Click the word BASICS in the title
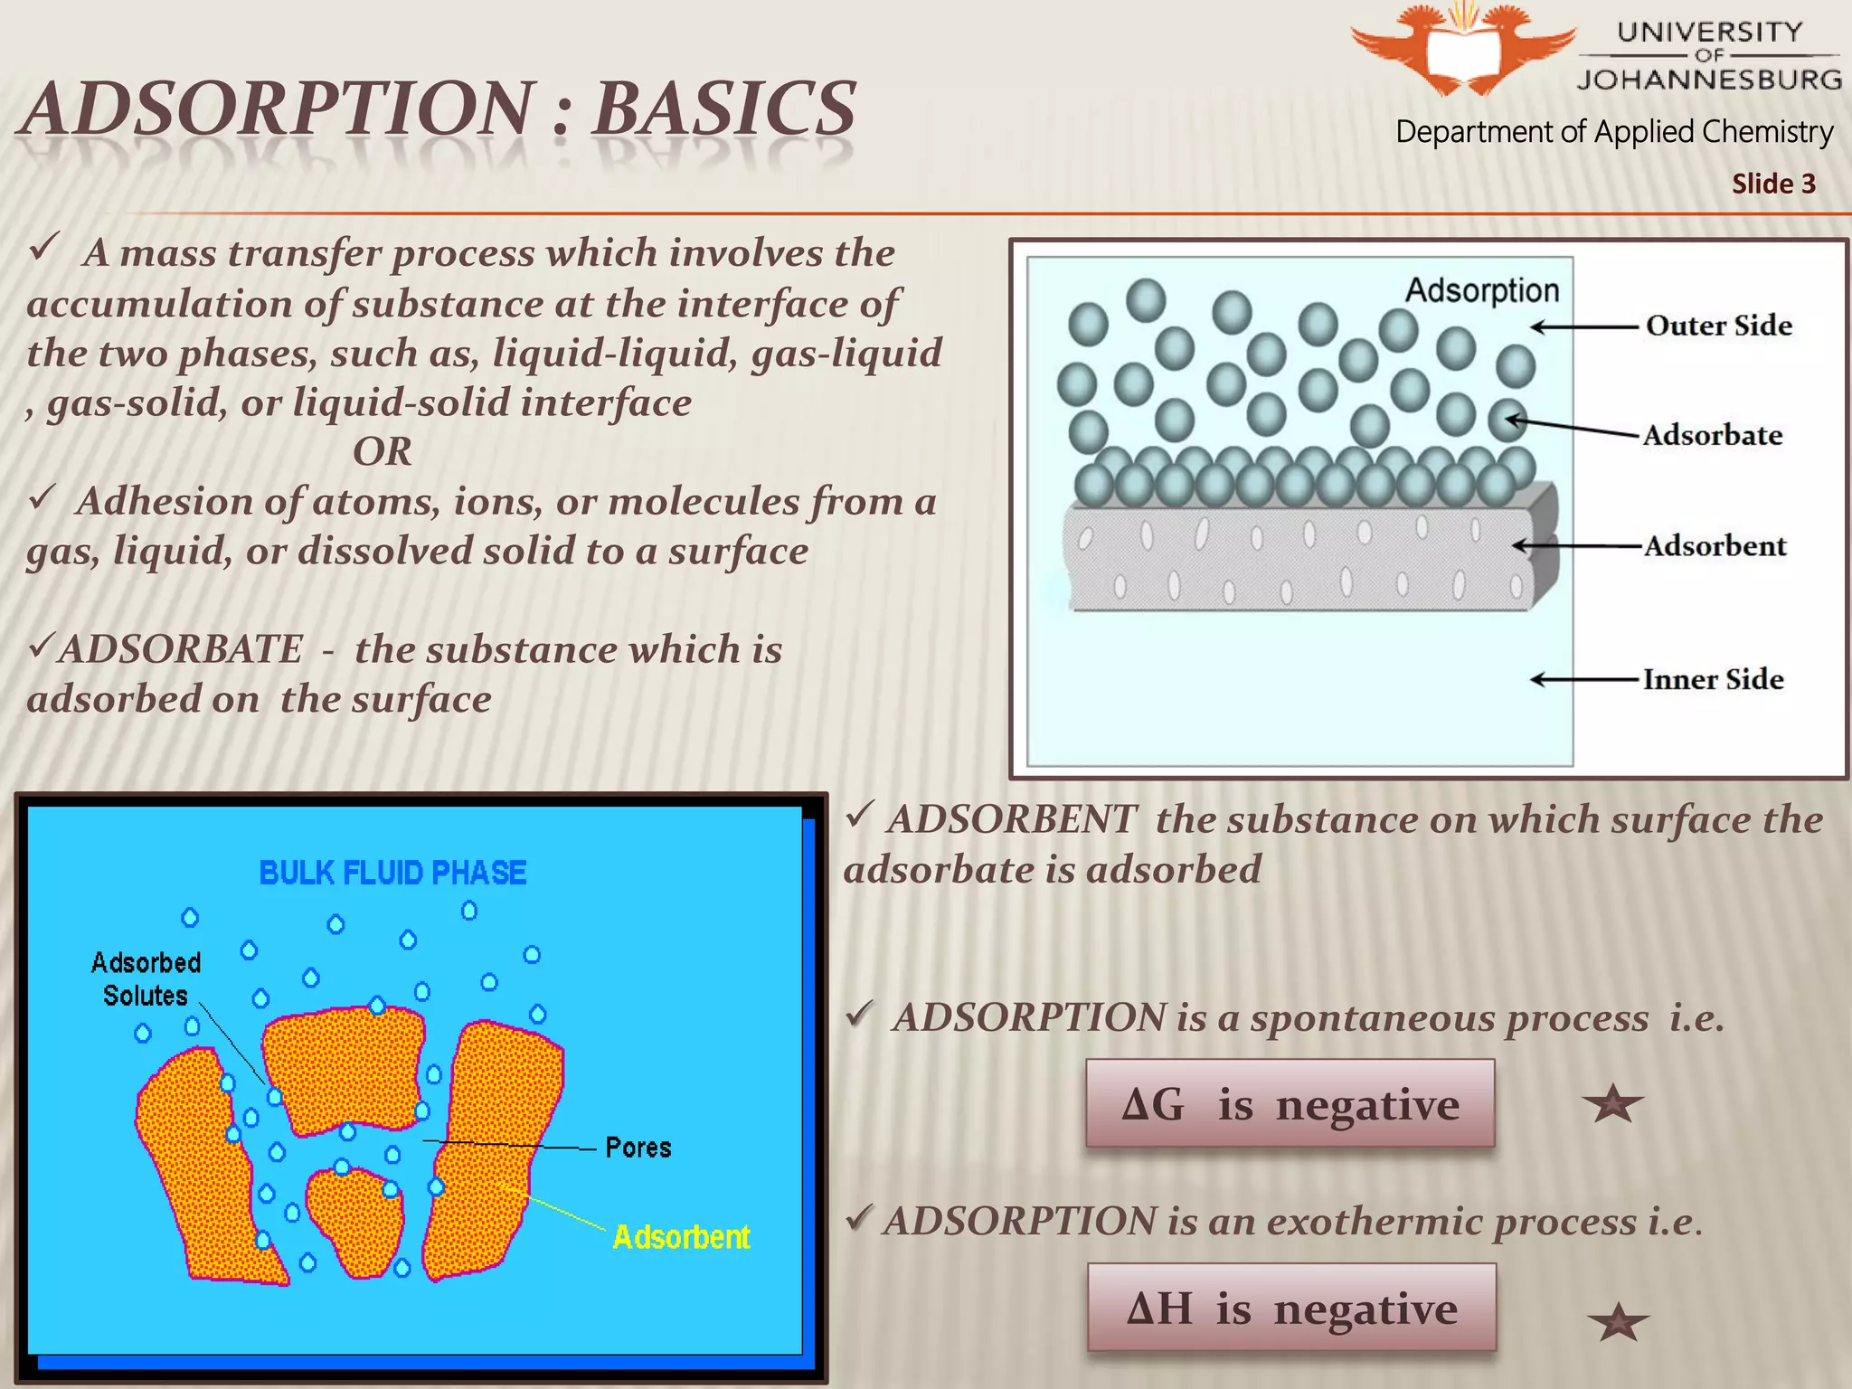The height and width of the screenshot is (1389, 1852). [x=724, y=109]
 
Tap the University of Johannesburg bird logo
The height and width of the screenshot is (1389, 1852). [x=1463, y=49]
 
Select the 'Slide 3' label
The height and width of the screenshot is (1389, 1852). [x=1773, y=184]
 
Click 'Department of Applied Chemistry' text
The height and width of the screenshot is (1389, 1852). [x=1614, y=132]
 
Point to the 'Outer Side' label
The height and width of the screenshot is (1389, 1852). [x=1718, y=326]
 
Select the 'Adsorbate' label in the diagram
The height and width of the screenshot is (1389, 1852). [x=1713, y=435]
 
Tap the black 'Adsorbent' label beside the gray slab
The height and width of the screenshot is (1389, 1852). [x=1715, y=546]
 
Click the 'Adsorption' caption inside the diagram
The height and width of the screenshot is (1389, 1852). [x=1482, y=290]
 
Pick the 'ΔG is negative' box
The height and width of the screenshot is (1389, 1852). [x=1290, y=1104]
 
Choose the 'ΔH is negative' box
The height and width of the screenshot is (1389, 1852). [x=1291, y=1308]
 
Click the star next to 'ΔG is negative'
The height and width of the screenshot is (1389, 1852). [x=1613, y=1104]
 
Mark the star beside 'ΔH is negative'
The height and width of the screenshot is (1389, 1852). [x=1618, y=1323]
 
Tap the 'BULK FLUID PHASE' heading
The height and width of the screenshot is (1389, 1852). [x=392, y=873]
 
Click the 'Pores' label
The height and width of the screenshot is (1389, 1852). [x=638, y=1148]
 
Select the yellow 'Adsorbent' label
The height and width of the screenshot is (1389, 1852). [x=681, y=1237]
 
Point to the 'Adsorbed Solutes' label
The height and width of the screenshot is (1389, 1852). [x=146, y=979]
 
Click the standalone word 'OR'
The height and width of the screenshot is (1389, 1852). [x=383, y=451]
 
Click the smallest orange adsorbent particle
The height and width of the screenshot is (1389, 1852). [x=354, y=1221]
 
